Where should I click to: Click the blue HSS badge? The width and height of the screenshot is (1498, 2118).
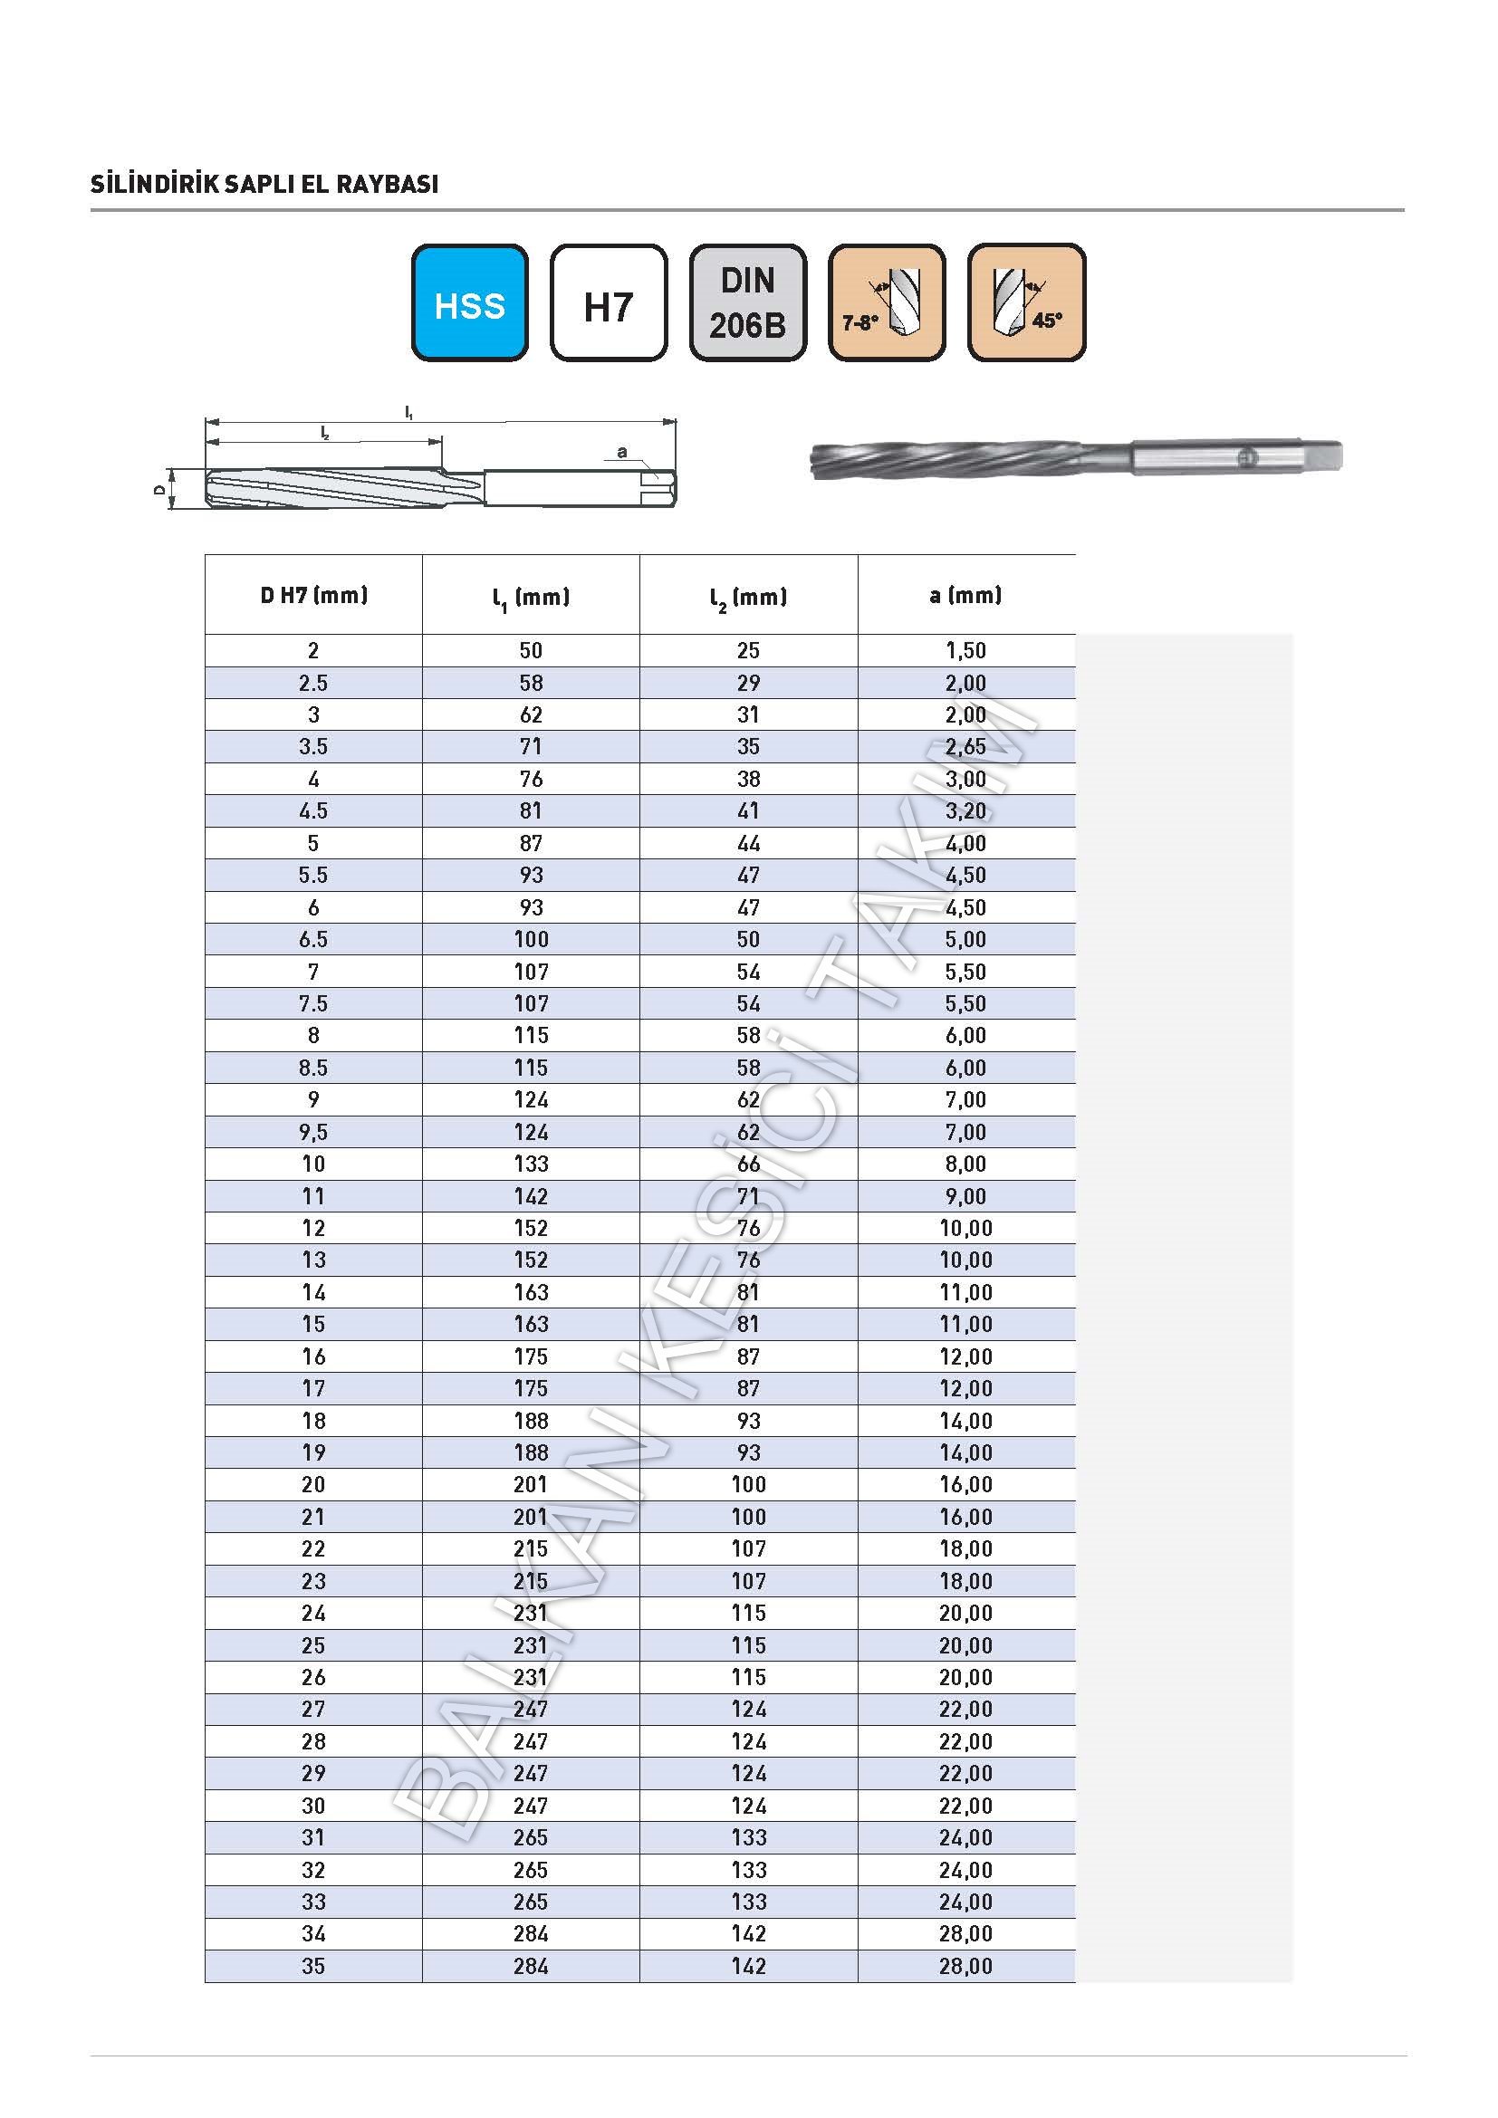pos(469,302)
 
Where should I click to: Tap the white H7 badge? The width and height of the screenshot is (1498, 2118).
pos(608,302)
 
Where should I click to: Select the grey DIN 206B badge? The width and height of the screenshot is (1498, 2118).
pos(747,302)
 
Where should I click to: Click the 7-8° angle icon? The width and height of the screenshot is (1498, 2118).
pos(887,302)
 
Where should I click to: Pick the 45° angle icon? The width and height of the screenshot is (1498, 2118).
pos(1026,302)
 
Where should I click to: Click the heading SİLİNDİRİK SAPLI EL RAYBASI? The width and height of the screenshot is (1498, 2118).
pos(264,185)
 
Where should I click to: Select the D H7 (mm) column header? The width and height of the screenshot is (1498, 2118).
pos(313,595)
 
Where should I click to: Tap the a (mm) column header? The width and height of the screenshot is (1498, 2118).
pos(965,595)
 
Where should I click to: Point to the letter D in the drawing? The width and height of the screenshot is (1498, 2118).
pos(160,490)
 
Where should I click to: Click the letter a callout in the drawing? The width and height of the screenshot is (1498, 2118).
pos(621,452)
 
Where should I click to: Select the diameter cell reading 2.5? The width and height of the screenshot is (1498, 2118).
pos(313,683)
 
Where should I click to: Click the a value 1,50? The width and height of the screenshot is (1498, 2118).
pos(965,650)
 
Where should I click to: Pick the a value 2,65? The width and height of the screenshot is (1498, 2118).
pos(965,746)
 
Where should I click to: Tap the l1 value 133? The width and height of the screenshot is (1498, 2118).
pos(532,1164)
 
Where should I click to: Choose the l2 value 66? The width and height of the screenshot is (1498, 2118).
pos(748,1164)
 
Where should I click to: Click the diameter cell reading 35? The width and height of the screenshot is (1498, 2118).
pos(313,1966)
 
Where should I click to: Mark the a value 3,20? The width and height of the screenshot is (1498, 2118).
pos(965,810)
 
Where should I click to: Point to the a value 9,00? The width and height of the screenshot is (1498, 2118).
pos(965,1196)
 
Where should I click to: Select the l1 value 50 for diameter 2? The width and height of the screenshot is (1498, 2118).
pos(532,650)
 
